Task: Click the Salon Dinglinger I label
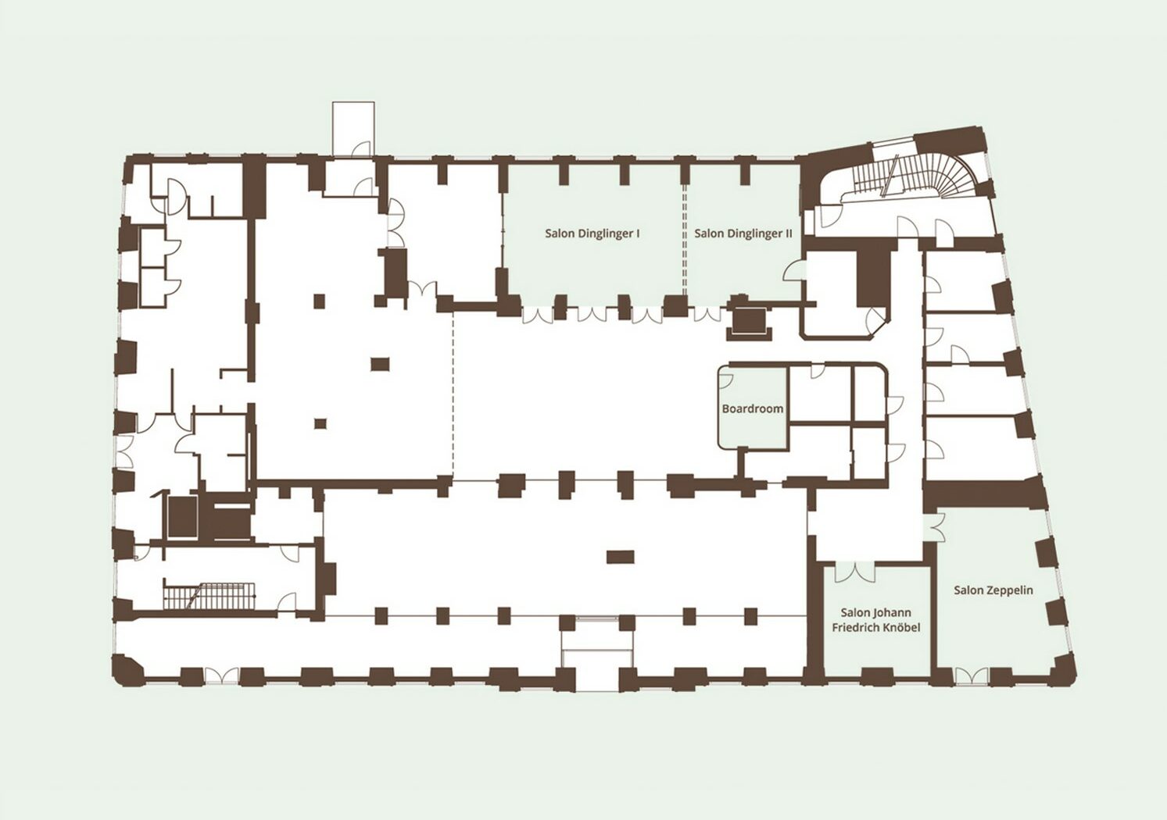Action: pos(592,234)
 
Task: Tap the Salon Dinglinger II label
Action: pos(743,234)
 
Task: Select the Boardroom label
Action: pos(752,408)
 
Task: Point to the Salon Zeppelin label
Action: pos(993,590)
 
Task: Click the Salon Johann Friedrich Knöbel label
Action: pos(875,620)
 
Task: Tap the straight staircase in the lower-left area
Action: pos(209,596)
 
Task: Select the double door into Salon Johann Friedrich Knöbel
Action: pos(855,572)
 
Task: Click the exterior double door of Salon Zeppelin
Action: pos(971,676)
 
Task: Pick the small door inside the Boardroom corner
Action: pos(725,381)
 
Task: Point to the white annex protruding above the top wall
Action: pos(353,129)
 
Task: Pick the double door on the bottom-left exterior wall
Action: pos(221,676)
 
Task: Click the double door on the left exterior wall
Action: pos(124,451)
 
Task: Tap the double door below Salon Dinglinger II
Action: pos(707,315)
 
